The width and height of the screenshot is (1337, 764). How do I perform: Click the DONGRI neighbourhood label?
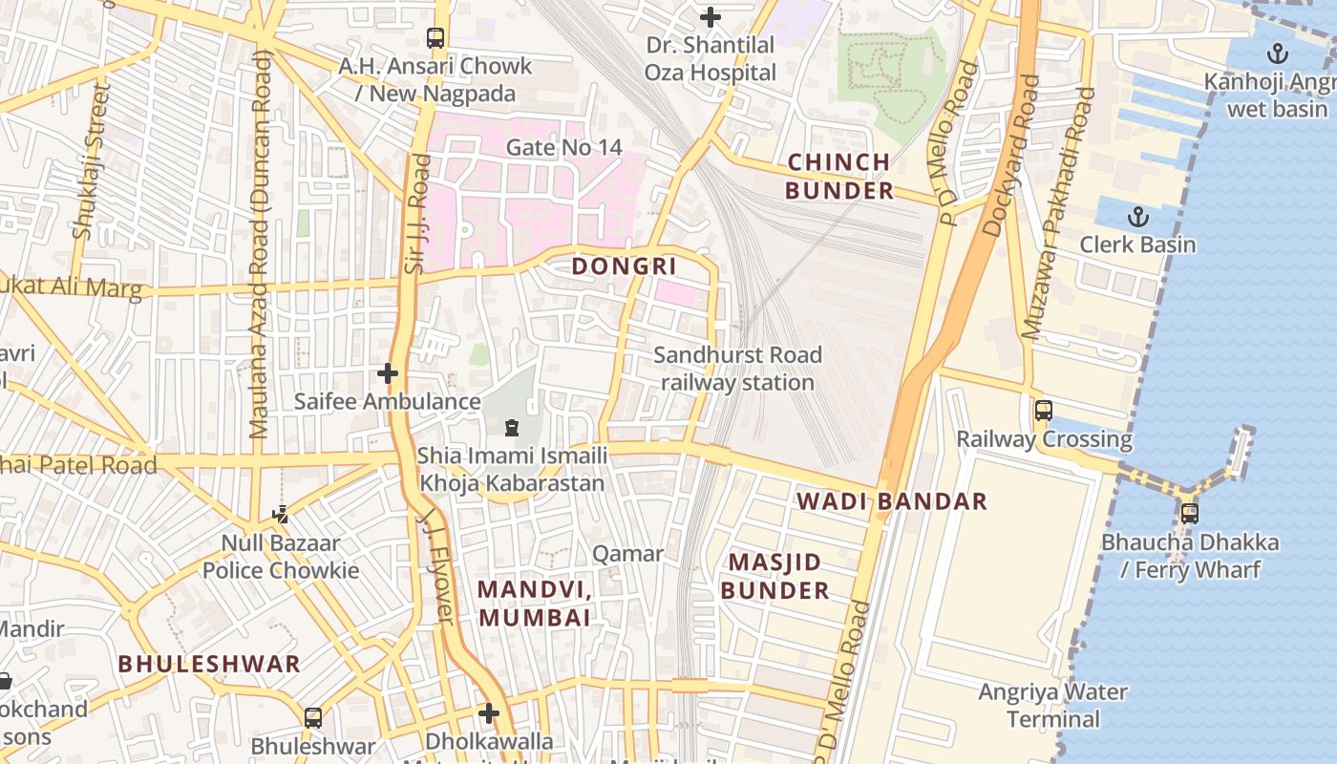point(624,266)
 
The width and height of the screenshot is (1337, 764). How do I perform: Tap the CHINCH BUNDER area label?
point(839,177)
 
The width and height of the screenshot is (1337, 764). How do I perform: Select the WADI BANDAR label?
point(892,501)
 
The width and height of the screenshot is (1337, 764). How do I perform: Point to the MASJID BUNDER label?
point(775,576)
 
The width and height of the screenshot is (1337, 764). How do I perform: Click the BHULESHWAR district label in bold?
point(209,664)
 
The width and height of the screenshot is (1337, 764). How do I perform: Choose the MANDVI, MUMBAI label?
point(535,604)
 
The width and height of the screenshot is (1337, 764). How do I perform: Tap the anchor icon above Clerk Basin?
point(1137,217)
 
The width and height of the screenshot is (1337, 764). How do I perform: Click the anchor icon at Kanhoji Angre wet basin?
point(1277,54)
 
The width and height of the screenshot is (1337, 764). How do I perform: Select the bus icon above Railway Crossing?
point(1044,411)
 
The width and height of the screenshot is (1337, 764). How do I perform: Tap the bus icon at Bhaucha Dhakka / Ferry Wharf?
point(1190,514)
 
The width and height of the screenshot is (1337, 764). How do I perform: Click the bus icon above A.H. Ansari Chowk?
point(435,38)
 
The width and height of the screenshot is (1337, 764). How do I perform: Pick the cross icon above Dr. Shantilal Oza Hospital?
point(711,17)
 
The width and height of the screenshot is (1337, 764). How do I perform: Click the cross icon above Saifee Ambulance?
point(387,373)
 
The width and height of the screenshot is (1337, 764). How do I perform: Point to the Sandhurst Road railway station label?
point(737,369)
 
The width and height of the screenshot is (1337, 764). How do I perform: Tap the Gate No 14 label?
point(563,147)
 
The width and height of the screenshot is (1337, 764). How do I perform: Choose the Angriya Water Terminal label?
point(1052,705)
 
